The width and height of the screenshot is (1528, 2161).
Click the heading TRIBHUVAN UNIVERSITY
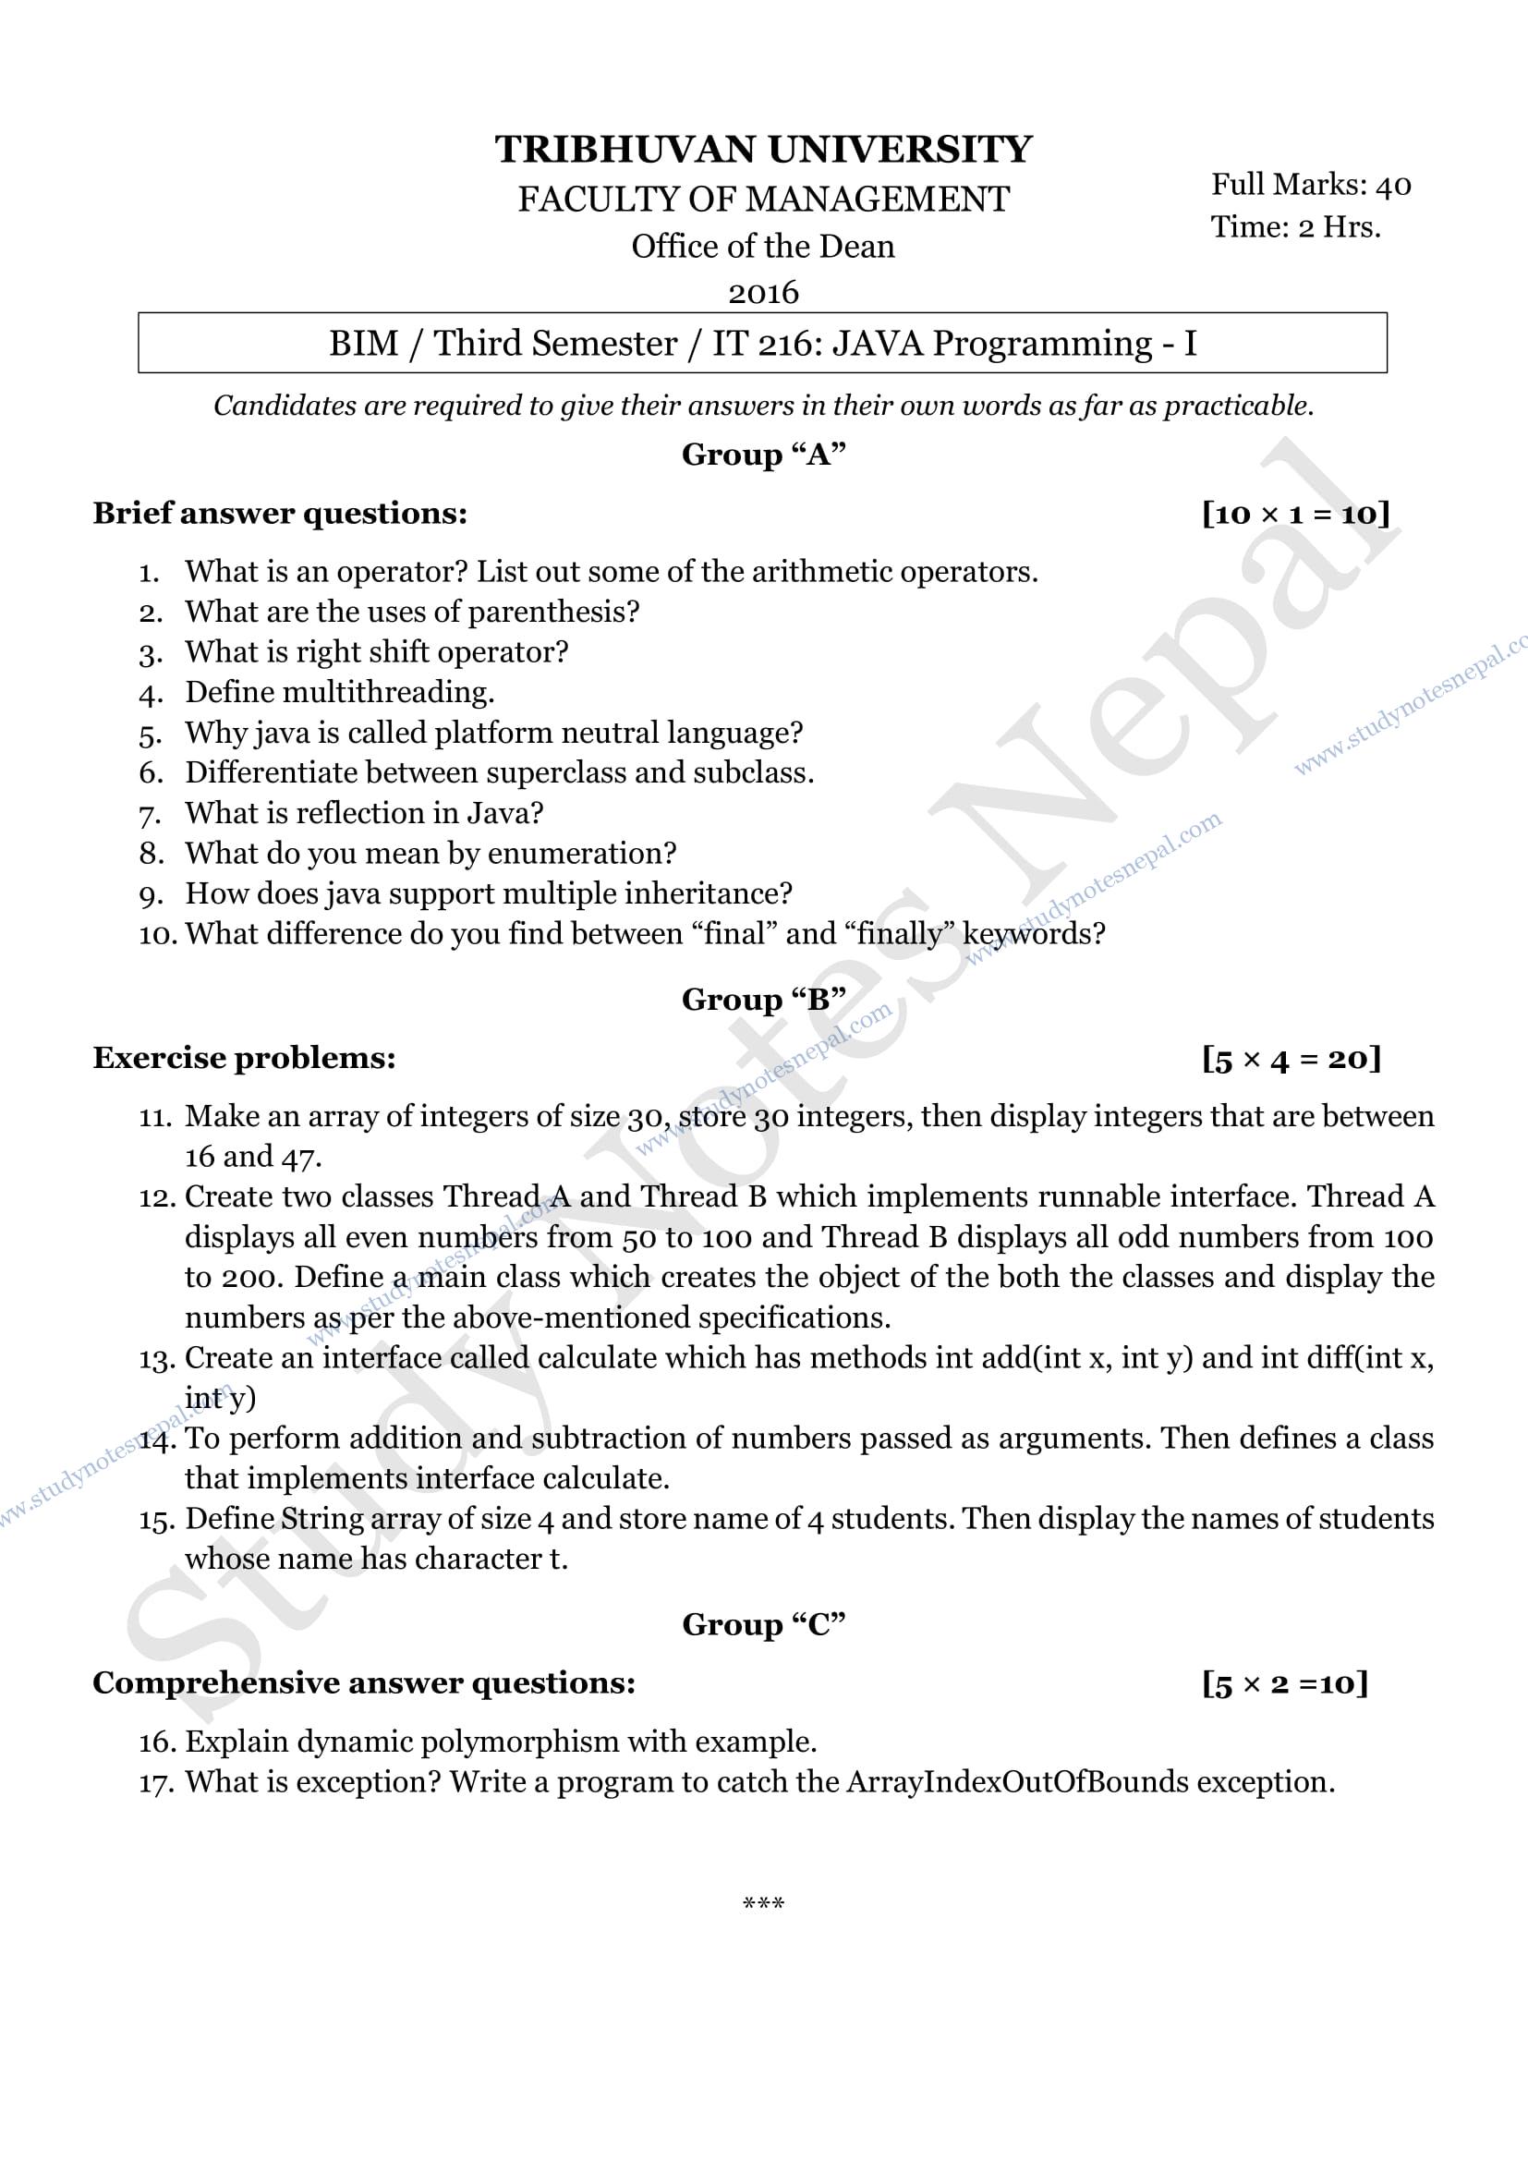[x=763, y=150]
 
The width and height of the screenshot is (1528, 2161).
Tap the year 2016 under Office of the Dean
[x=763, y=293]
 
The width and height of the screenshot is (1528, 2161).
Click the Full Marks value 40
[x=1392, y=186]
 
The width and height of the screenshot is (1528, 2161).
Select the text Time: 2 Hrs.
[x=1295, y=228]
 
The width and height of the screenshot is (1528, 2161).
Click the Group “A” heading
[x=763, y=455]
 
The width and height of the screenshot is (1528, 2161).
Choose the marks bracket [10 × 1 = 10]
[x=1295, y=514]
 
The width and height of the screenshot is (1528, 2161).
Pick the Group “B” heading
[x=763, y=1000]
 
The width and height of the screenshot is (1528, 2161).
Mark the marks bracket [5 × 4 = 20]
[x=1291, y=1059]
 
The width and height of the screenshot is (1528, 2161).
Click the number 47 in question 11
[x=300, y=1157]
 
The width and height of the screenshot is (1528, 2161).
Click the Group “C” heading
[x=763, y=1624]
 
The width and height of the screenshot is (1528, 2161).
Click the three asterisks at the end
[x=763, y=1905]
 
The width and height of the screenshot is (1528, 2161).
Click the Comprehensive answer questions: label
[x=364, y=1682]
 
